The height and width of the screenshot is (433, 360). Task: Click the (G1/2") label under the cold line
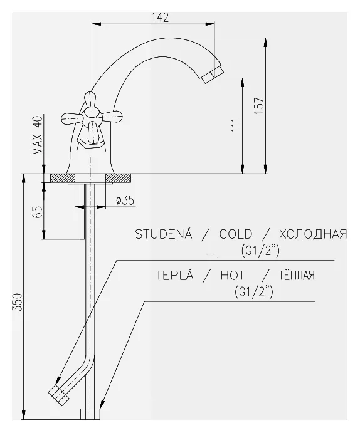tap(260, 251)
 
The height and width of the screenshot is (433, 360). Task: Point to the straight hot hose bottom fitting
tap(91, 414)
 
